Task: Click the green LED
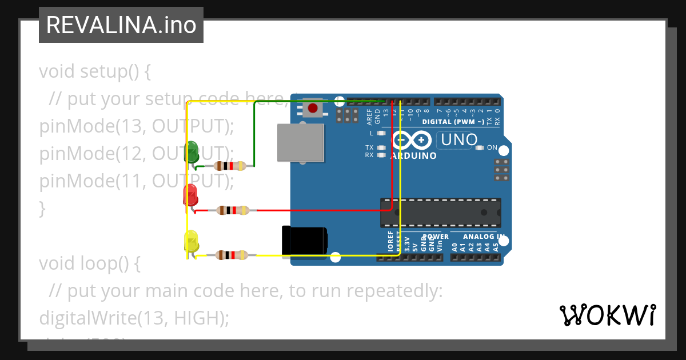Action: pos(192,151)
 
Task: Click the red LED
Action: pos(190,195)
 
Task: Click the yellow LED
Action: pos(191,241)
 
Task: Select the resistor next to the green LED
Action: pos(230,166)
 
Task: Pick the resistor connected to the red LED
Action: pos(233,210)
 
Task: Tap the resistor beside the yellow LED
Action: pos(232,255)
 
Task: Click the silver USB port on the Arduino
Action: pos(301,142)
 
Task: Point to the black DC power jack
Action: pos(305,241)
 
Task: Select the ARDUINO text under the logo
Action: pos(413,155)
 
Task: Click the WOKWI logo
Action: pos(607,315)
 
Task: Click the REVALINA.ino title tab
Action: pos(121,25)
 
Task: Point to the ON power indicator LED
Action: pos(481,148)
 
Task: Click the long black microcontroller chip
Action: pos(441,212)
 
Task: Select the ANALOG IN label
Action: pos(484,237)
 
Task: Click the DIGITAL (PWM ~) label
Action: pos(453,122)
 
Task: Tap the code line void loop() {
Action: pos(89,263)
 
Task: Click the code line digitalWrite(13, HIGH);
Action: pos(134,318)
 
